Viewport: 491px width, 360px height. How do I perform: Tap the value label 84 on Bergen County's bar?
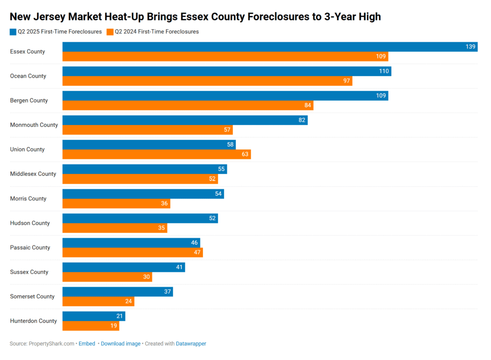click(308, 105)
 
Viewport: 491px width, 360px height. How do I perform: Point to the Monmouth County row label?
click(34, 125)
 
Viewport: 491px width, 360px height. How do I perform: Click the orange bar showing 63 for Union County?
click(156, 154)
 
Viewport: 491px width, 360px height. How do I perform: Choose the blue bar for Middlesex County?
click(144, 169)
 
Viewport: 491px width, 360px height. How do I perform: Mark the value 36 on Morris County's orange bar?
click(164, 204)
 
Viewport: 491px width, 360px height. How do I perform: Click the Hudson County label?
click(30, 223)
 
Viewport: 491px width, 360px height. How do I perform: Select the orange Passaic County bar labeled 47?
click(132, 253)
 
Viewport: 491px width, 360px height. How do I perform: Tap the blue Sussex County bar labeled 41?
click(123, 267)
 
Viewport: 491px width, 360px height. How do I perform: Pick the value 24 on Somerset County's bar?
click(129, 302)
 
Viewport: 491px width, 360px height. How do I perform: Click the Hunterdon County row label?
click(34, 321)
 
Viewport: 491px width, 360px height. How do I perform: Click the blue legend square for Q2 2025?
click(13, 32)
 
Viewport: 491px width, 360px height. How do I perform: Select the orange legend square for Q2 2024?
click(110, 32)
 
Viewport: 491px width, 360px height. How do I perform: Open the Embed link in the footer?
click(87, 344)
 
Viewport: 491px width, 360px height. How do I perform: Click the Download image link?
click(120, 344)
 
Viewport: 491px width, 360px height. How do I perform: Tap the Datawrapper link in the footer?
click(191, 344)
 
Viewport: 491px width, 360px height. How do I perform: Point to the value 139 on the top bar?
click(470, 46)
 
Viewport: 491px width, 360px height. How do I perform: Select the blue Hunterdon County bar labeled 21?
click(94, 316)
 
